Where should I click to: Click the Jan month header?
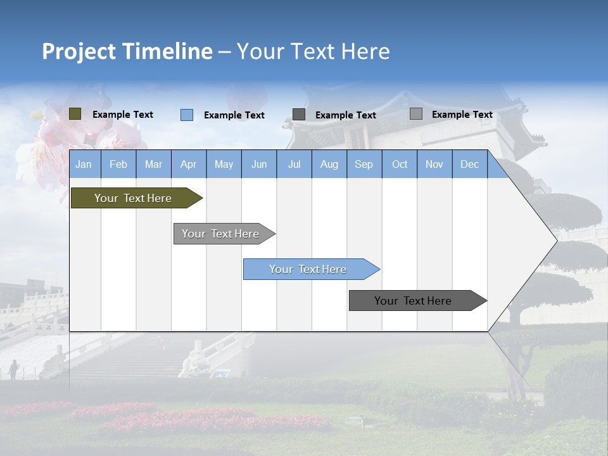tap(84, 165)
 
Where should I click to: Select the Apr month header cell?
tap(188, 165)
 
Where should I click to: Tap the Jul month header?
tap(294, 165)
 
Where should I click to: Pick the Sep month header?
tap(364, 165)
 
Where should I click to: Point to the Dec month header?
tap(469, 165)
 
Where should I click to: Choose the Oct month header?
tap(400, 165)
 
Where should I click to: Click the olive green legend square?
tap(75, 114)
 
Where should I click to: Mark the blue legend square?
tap(187, 115)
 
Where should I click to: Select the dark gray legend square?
tap(299, 115)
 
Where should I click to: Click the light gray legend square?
tap(416, 114)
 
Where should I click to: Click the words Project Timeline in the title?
tap(127, 51)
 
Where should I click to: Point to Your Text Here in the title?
tap(313, 51)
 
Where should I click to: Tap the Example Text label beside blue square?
tap(234, 115)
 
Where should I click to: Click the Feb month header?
tap(118, 165)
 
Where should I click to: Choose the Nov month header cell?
tap(434, 165)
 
